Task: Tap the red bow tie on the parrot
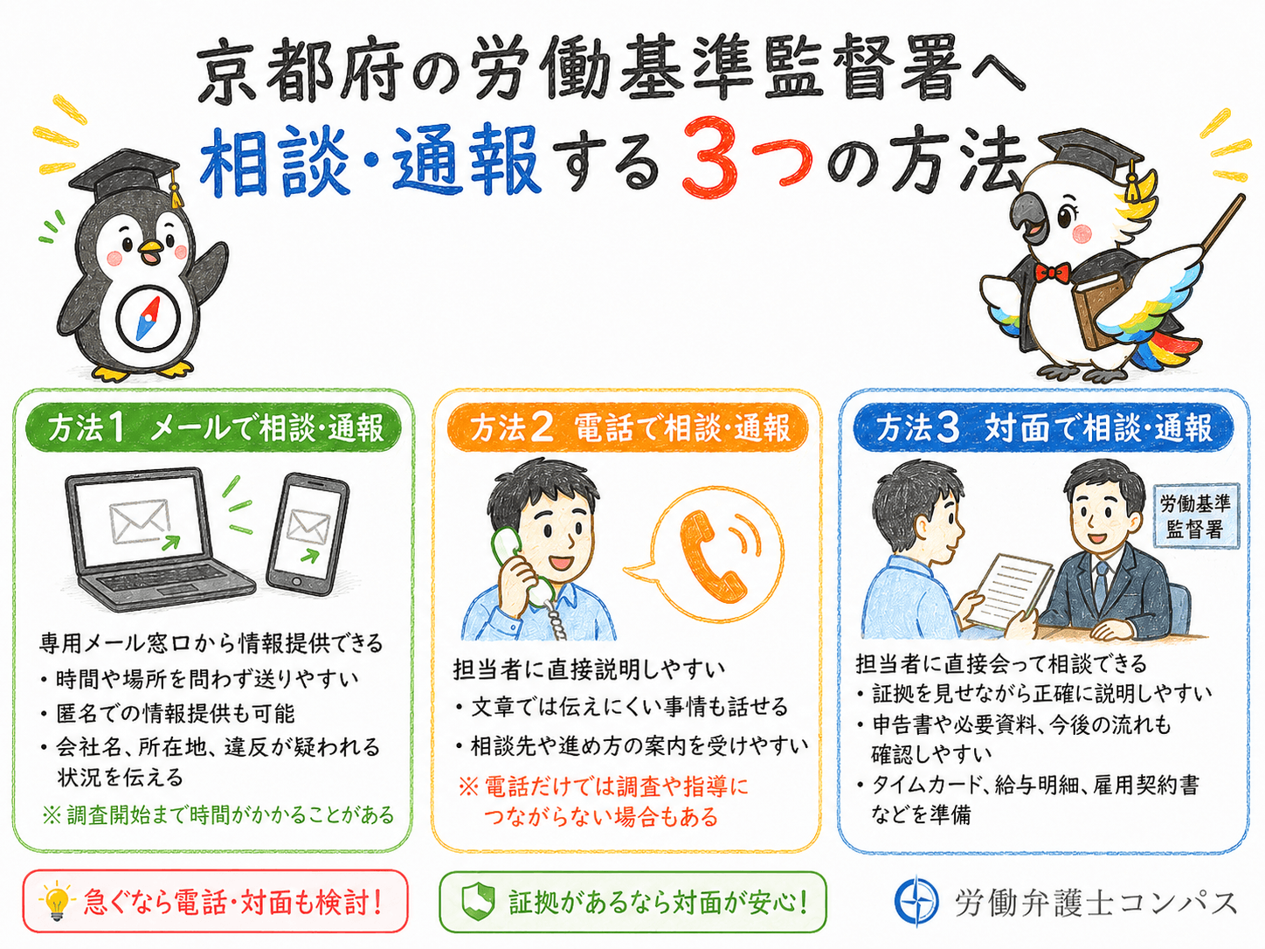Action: coord(1053,273)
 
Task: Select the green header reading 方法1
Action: coord(214,428)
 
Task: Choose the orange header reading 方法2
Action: coord(627,428)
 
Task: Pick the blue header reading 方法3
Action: coord(1043,428)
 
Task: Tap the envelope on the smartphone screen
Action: coord(308,527)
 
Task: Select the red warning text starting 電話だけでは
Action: coord(603,802)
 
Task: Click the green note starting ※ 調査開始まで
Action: coord(218,815)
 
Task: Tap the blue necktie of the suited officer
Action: coord(1100,582)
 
